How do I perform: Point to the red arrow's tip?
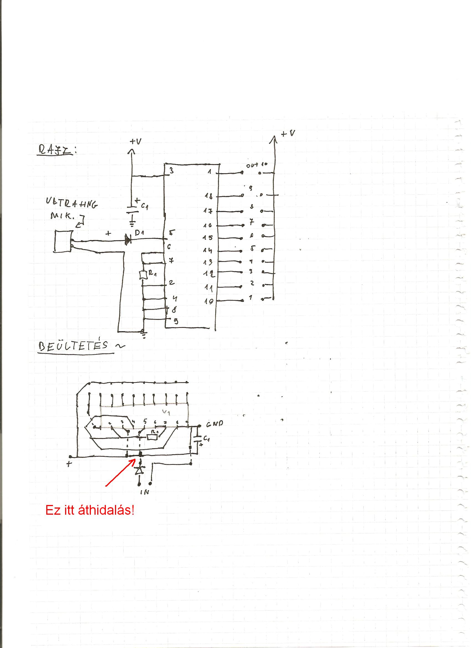tap(135, 460)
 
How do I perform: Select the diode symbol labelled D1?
tap(128, 239)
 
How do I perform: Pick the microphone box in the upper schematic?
tap(62, 241)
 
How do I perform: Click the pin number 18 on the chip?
tap(209, 196)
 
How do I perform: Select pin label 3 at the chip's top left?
tap(171, 171)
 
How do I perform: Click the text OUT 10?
tap(256, 165)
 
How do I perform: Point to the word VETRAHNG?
tap(71, 203)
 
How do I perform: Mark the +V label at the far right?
tap(288, 133)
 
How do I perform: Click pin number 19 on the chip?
tap(209, 301)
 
